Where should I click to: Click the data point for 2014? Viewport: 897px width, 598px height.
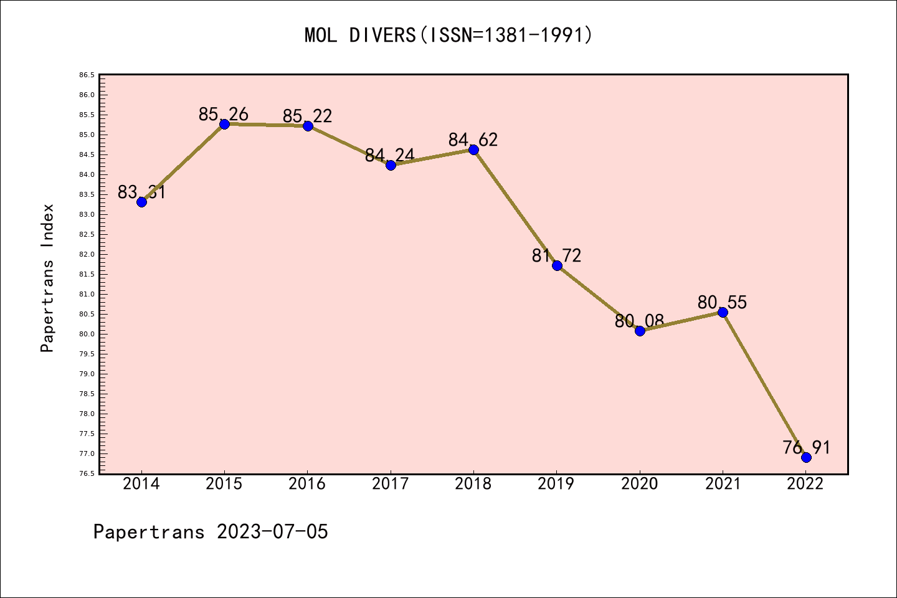coord(141,202)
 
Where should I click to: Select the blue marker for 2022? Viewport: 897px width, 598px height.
coord(806,457)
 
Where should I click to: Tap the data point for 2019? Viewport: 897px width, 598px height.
coord(557,265)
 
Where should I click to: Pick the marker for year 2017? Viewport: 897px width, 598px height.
coord(391,165)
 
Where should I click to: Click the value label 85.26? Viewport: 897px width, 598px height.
coord(224,115)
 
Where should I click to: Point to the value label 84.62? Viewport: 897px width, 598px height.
coord(473,140)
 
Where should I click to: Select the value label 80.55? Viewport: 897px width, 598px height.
coord(722,303)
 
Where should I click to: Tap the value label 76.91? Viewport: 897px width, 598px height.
coord(806,448)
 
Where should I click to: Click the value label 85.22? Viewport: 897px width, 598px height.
coord(308,116)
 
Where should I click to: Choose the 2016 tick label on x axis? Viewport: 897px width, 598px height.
coord(307,484)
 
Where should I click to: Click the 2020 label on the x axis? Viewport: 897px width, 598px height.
coord(640,484)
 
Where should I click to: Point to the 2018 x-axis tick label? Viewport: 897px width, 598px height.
coord(473,484)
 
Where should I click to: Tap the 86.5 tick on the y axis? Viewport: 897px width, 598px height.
coord(87,75)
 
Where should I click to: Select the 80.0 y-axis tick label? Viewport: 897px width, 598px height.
coord(87,334)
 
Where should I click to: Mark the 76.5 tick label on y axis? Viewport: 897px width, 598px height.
coord(87,473)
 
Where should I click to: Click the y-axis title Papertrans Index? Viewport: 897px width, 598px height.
coord(47,278)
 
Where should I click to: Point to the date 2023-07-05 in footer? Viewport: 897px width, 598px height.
coord(272,532)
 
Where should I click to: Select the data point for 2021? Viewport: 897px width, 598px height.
coord(723,312)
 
